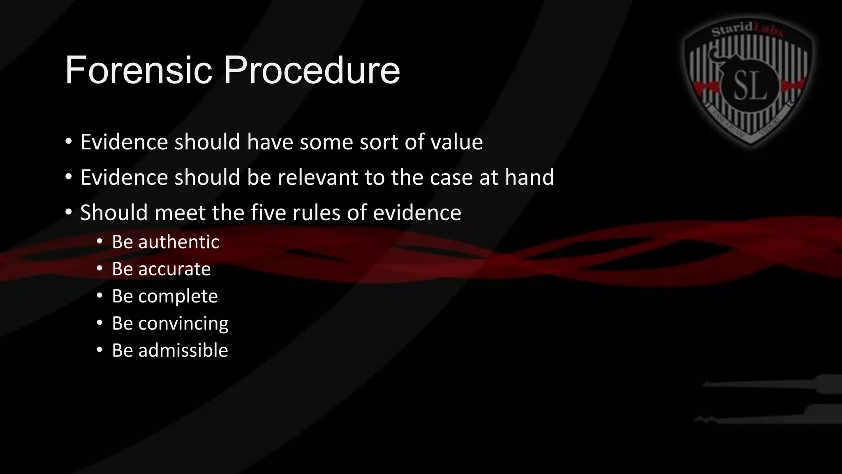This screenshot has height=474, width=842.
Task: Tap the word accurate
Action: coord(174,269)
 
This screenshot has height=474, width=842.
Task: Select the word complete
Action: coord(178,296)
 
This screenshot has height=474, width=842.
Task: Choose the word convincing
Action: coord(183,324)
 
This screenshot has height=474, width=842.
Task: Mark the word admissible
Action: coord(183,351)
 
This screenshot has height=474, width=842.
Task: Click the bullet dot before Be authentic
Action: coord(99,242)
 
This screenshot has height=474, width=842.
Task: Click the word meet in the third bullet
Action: coord(180,213)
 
